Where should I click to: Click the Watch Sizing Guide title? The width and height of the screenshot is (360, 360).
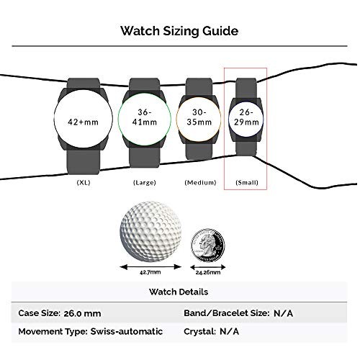(x=179, y=32)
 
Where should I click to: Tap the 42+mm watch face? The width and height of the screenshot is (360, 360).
(x=83, y=119)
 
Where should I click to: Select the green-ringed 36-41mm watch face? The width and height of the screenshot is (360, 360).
(x=145, y=119)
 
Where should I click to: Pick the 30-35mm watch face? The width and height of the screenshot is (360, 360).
(x=199, y=118)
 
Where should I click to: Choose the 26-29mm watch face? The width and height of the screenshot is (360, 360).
(x=246, y=117)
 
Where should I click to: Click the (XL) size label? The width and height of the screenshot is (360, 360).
(x=84, y=182)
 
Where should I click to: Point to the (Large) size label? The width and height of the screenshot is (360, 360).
(x=145, y=182)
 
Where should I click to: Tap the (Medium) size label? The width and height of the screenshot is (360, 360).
(x=200, y=182)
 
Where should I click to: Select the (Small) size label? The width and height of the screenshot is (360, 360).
(x=247, y=182)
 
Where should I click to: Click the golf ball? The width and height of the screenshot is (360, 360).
(x=150, y=232)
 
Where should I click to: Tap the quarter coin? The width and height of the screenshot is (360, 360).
(x=208, y=246)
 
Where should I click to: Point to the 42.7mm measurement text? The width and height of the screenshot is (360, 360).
(x=150, y=272)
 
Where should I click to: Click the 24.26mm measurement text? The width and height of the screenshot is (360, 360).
(x=208, y=272)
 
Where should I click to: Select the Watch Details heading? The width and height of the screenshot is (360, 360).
(x=179, y=292)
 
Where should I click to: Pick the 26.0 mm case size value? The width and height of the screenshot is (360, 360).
(x=82, y=313)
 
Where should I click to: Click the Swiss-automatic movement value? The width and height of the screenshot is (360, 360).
(x=127, y=331)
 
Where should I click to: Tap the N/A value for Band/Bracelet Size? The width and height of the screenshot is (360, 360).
(x=283, y=313)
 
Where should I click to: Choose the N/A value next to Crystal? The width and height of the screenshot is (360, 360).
(x=229, y=331)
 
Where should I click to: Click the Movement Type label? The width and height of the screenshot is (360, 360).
(x=53, y=332)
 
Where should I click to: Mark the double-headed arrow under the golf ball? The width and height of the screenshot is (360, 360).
(x=150, y=266)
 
